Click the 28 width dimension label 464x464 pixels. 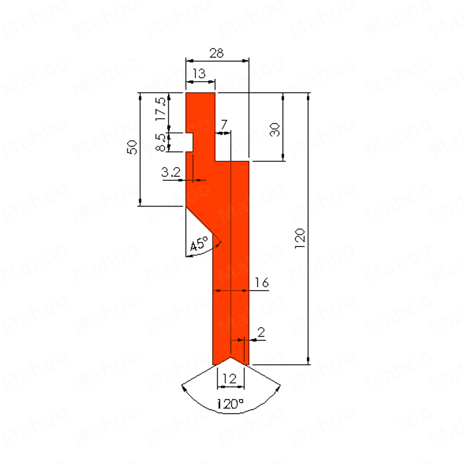point(216,53)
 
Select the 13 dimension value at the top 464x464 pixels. point(199,74)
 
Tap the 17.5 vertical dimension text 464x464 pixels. point(161,108)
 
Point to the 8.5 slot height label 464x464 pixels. point(161,142)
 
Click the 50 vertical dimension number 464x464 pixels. point(132,147)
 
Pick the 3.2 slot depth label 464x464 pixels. point(171,172)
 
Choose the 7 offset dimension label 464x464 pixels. point(224,124)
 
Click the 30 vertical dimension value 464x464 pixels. point(274,129)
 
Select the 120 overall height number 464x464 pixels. point(300,238)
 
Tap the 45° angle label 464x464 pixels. point(198,244)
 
